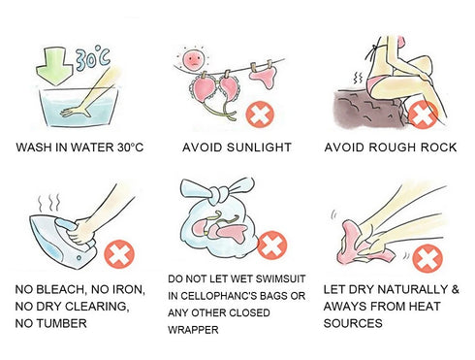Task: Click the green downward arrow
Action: (54, 67)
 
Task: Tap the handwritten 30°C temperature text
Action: (93, 59)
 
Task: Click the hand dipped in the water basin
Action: (75, 112)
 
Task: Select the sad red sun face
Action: (193, 59)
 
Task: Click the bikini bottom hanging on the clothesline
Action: (264, 77)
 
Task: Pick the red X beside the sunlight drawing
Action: (260, 115)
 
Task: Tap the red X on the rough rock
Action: (424, 115)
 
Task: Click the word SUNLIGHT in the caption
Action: (259, 147)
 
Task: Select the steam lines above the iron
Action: (49, 203)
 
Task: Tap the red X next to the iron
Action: (119, 254)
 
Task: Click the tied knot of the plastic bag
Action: (215, 195)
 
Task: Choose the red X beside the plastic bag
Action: (272, 245)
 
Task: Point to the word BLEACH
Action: (61, 289)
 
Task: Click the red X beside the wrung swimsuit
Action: (427, 259)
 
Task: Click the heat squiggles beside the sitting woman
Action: (358, 78)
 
